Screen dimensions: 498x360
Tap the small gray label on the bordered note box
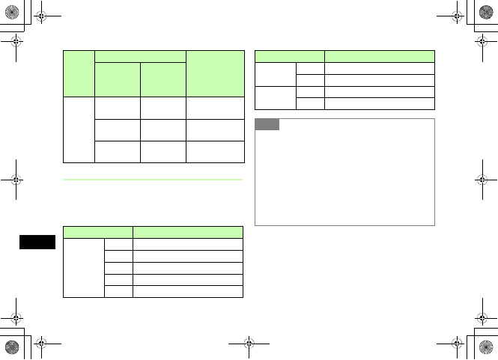coord(267,124)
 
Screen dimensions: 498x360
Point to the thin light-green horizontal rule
coord(154,180)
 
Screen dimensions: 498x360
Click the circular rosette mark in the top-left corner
coord(11,11)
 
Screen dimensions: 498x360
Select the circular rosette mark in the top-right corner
coord(487,11)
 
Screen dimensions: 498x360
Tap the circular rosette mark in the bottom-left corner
coord(11,348)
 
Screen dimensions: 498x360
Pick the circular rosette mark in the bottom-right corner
coord(487,348)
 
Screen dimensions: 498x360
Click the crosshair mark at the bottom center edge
coord(249,347)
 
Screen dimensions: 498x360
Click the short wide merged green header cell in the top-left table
coord(140,56)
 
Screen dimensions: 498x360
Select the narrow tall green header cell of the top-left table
coord(79,73)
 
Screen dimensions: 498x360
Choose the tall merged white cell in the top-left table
coord(79,129)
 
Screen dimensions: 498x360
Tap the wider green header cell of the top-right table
coord(380,56)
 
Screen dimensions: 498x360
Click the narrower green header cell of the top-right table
coord(290,56)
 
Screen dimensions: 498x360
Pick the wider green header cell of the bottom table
coord(188,232)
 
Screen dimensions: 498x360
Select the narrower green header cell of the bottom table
coord(98,232)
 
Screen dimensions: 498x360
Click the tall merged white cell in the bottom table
coord(84,268)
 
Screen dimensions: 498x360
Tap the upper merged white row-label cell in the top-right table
coord(276,74)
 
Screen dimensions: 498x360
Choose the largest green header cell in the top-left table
coord(215,73)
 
